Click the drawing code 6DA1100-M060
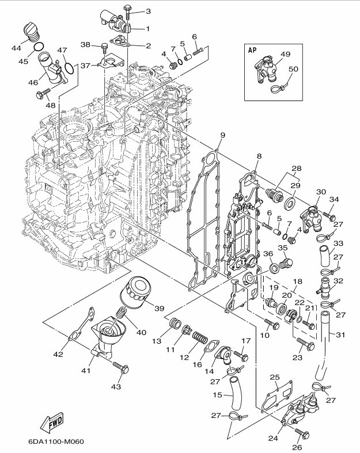pos(55,442)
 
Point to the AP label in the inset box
pos(252,50)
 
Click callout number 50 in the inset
pos(293,69)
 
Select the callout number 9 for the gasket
pos(222,136)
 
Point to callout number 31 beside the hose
pos(341,336)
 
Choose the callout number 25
pos(275,376)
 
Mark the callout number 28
pos(296,169)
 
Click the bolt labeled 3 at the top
pos(127,10)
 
